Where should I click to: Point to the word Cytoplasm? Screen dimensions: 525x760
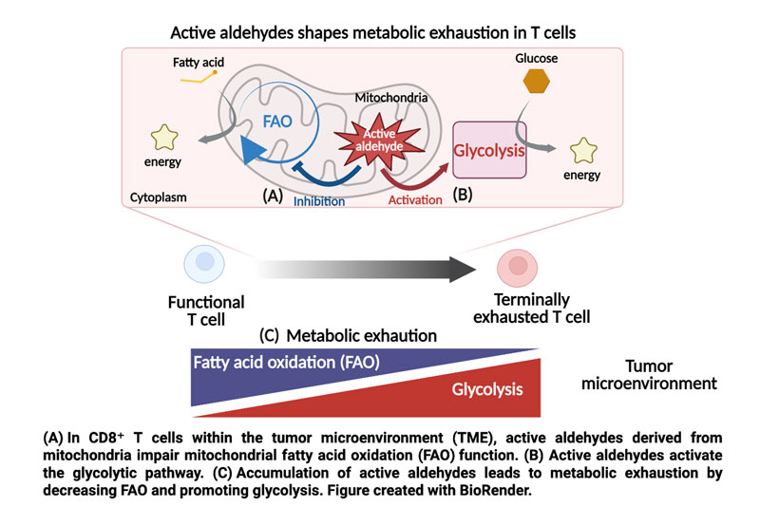point(160,199)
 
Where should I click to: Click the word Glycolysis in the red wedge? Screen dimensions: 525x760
point(483,389)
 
